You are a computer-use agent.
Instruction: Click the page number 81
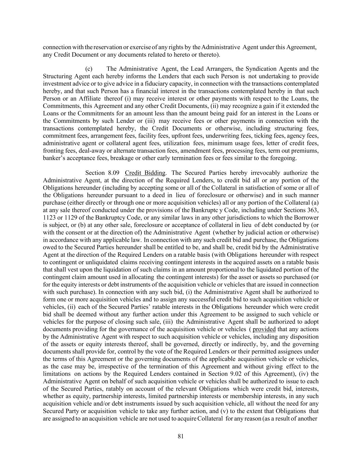[181, 436]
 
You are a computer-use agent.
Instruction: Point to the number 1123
[49, 218]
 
